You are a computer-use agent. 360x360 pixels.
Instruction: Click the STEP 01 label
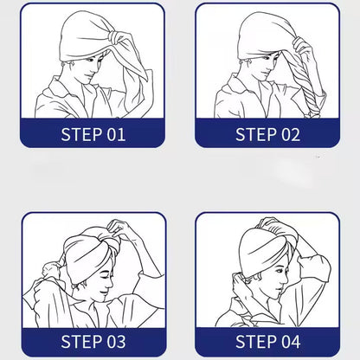pos(93,134)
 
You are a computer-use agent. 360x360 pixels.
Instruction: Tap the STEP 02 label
pos(267,134)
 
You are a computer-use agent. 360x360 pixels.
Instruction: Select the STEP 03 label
pos(93,340)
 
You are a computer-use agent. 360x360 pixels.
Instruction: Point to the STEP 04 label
pos(267,340)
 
